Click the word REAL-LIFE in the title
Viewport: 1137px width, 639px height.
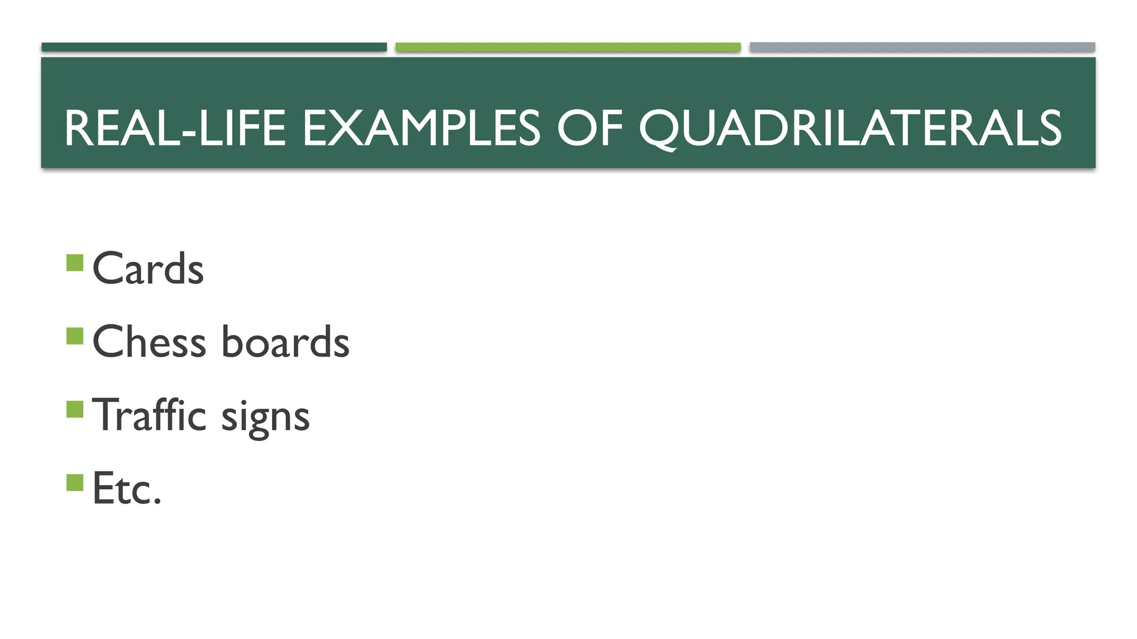[x=175, y=129]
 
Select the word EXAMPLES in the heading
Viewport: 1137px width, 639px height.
[x=421, y=129]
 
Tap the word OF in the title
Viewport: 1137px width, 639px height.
[x=590, y=129]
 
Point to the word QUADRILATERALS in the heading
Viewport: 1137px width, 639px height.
[x=850, y=129]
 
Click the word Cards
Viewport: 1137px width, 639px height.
[x=148, y=269]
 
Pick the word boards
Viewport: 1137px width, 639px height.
[x=285, y=342]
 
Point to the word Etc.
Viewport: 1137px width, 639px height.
[x=127, y=489]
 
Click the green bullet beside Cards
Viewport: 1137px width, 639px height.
[x=74, y=262]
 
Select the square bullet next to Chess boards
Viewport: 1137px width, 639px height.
[x=74, y=336]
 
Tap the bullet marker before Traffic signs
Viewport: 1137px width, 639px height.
[x=74, y=409]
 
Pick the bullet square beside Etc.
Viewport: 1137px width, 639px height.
[x=74, y=483]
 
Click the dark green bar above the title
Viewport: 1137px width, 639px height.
[x=214, y=47]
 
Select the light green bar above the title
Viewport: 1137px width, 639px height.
[x=568, y=47]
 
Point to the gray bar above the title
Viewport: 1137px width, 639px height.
[x=922, y=47]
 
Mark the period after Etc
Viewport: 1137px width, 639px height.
[x=158, y=501]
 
